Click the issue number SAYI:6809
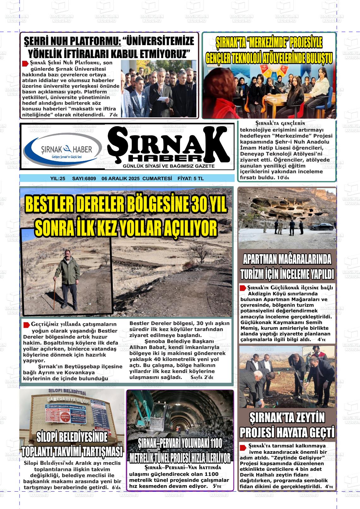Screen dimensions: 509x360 tap(84, 179)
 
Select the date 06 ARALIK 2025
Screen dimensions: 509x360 tap(121, 179)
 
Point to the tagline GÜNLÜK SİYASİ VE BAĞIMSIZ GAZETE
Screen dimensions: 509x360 tap(169, 166)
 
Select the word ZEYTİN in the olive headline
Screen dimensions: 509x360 tap(309, 418)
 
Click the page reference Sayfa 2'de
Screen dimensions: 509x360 tap(202, 377)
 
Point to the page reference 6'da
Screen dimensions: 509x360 tap(117, 487)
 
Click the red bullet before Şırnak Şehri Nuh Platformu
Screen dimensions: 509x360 tap(25, 64)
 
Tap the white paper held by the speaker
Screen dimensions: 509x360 tap(162, 99)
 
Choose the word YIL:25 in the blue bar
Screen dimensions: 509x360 tap(57, 179)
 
